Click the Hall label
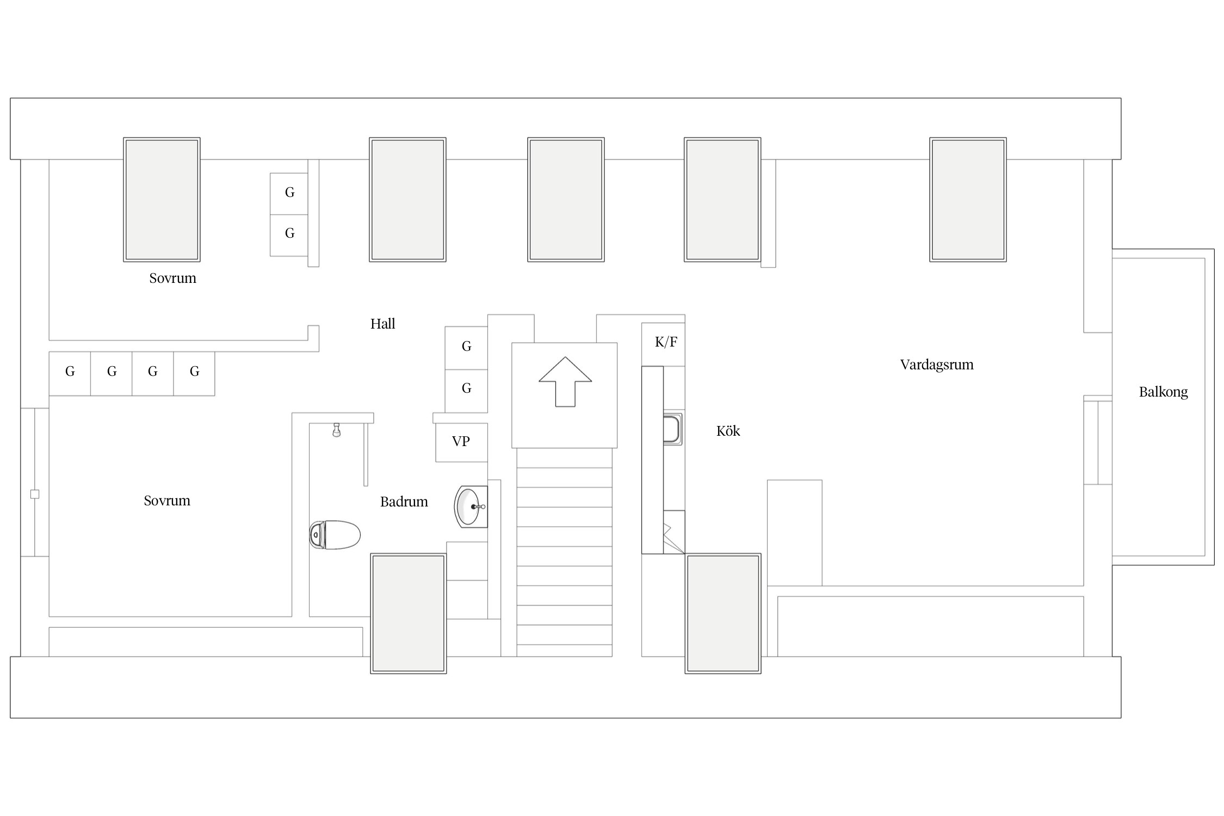point(382,324)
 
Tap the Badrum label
point(404,502)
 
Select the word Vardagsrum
point(937,365)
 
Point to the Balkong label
point(1163,392)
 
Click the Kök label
point(728,431)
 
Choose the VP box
point(461,442)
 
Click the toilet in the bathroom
point(335,535)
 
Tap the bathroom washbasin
point(471,506)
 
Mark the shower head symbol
point(337,430)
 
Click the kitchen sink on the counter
point(672,429)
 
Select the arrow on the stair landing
point(565,381)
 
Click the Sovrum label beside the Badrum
point(167,501)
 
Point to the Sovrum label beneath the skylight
point(172,279)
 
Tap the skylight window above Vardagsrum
point(968,200)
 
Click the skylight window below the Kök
point(723,613)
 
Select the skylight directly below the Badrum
point(409,613)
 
